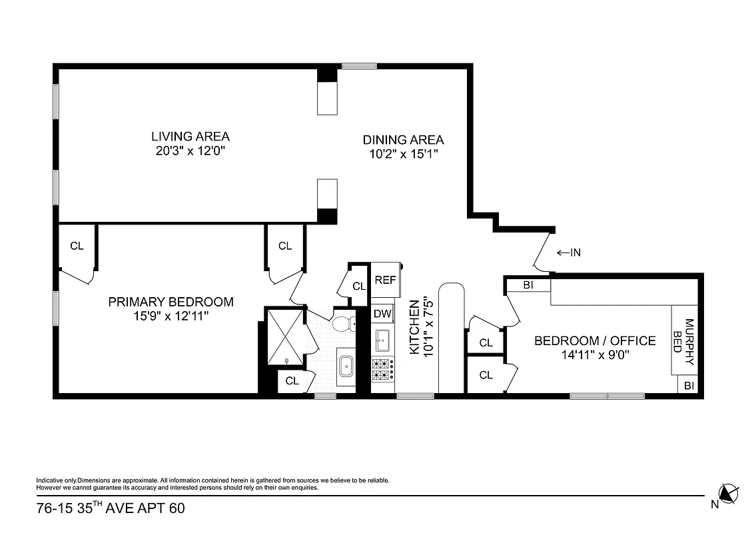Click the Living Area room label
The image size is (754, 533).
(190, 137)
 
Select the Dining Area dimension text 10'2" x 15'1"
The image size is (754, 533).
(403, 154)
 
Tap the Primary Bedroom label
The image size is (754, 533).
(171, 302)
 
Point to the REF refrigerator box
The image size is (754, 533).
(385, 280)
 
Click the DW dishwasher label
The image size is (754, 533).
(382, 313)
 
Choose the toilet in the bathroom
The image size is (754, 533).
(343, 324)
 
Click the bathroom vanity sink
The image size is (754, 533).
(346, 366)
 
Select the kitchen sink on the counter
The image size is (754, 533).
(382, 340)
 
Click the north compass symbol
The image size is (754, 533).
(729, 494)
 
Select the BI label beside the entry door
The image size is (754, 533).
(528, 285)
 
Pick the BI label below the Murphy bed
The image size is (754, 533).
(688, 386)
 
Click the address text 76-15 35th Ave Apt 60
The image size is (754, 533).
(111, 508)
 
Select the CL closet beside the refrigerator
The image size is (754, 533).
(359, 286)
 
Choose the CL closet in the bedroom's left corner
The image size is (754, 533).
(77, 246)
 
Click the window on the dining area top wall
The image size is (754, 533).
(360, 66)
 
